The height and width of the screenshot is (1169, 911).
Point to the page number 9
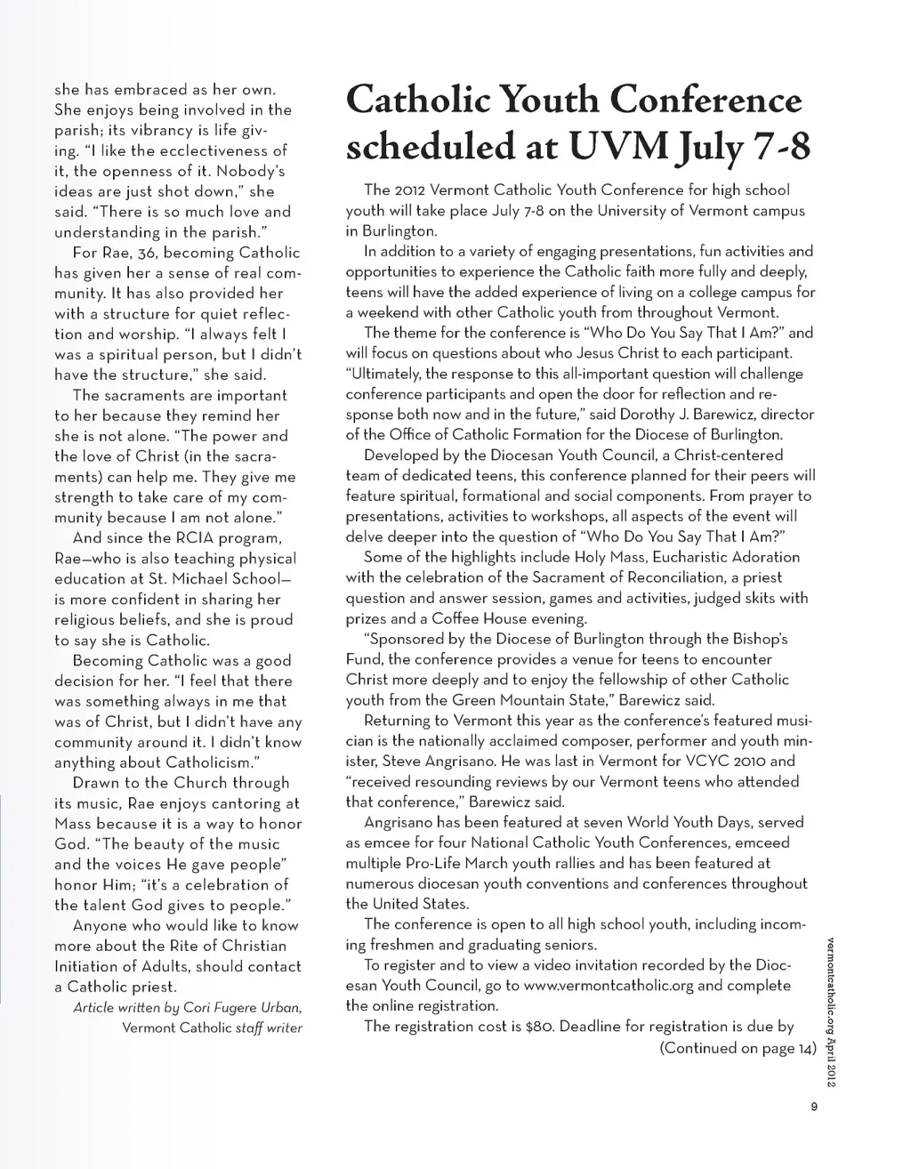click(813, 1107)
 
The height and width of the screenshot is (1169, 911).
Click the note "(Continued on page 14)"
click(738, 1048)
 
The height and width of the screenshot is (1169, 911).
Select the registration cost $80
click(540, 1027)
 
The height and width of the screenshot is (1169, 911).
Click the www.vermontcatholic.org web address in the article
click(609, 986)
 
